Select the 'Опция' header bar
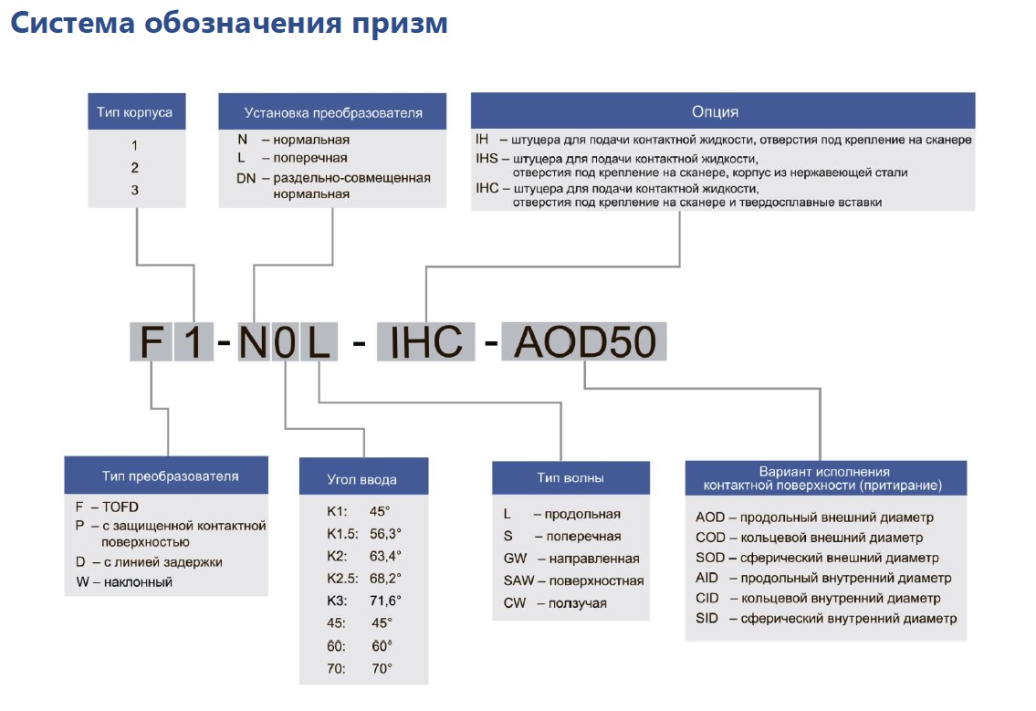[x=723, y=111]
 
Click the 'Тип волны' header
[x=570, y=477]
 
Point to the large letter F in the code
[x=152, y=341]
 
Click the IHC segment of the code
[x=426, y=341]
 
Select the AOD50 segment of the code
[x=585, y=341]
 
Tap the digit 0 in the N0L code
[x=285, y=342]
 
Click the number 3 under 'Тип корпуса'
[x=135, y=191]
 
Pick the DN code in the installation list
[x=246, y=178]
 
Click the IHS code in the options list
[x=487, y=159]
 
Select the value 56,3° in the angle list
[x=385, y=534]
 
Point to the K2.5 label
[x=342, y=579]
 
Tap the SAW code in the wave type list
[x=518, y=580]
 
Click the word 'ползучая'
[x=578, y=603]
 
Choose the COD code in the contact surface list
[x=710, y=538]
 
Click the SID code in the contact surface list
[x=707, y=619]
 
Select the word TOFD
[x=120, y=507]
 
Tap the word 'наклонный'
[x=138, y=582]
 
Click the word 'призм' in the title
[x=400, y=24]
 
